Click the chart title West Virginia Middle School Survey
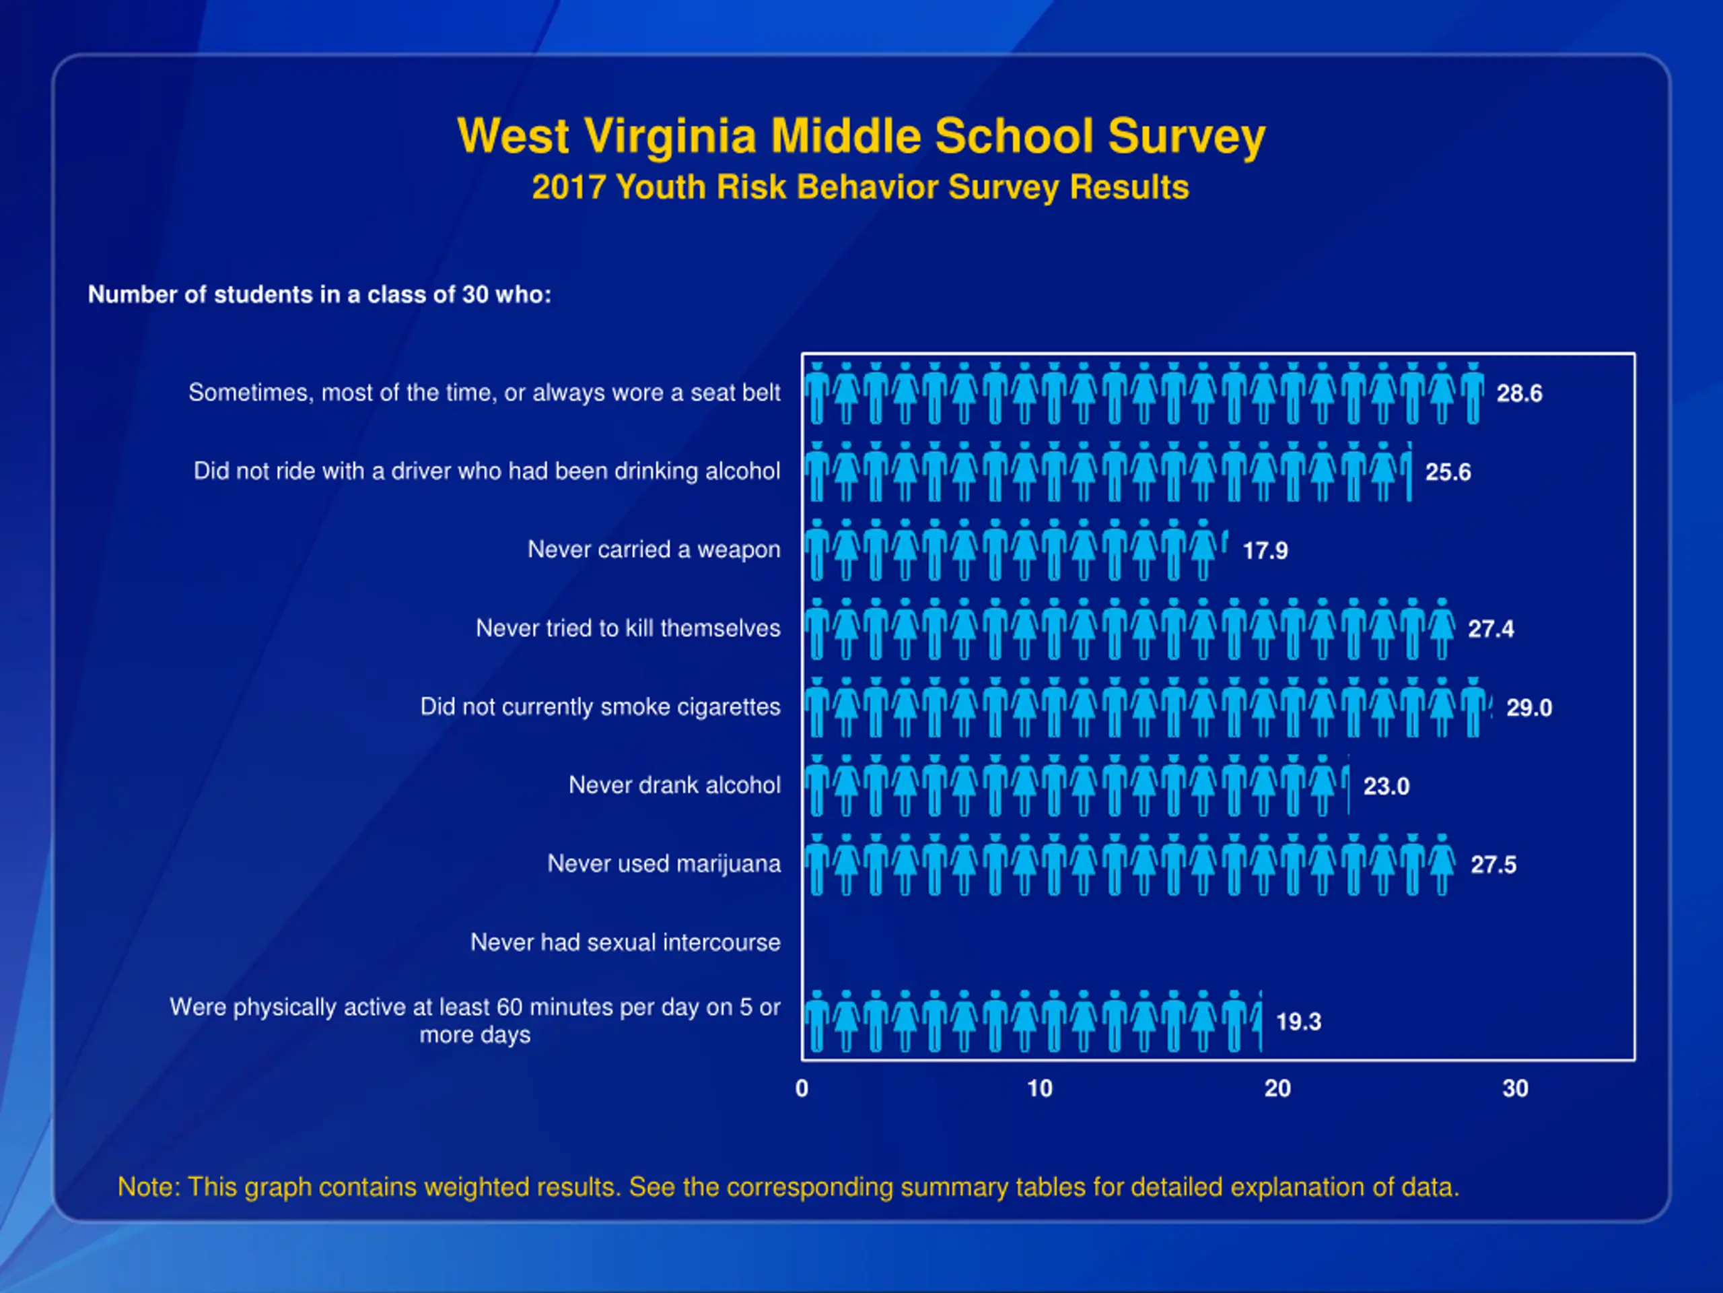tap(861, 137)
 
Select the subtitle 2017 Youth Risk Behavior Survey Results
tap(861, 188)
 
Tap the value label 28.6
tap(1519, 393)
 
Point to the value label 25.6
tap(1448, 472)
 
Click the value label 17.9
tap(1265, 551)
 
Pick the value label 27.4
tap(1491, 629)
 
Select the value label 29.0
tap(1529, 708)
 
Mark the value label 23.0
tap(1386, 787)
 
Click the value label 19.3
tap(1298, 1022)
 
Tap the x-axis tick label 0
tap(802, 1089)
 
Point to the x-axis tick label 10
tap(1039, 1089)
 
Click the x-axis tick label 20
tap(1277, 1089)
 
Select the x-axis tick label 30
tap(1515, 1089)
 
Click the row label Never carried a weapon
tap(654, 550)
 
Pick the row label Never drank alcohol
tap(674, 785)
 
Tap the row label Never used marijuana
tap(664, 863)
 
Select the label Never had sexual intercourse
tap(625, 942)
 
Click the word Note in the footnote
tap(147, 1187)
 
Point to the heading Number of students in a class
tap(320, 294)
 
